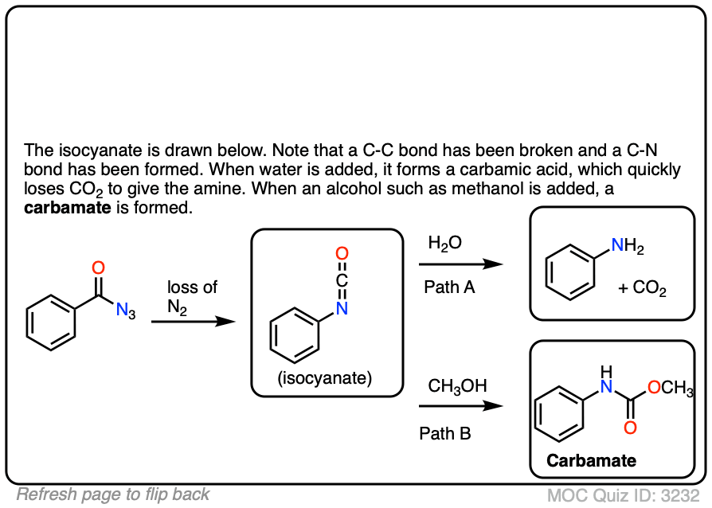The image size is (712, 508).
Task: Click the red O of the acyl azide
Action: pos(99,268)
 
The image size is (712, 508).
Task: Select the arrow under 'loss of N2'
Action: pos(194,322)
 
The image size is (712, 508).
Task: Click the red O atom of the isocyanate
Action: pos(342,254)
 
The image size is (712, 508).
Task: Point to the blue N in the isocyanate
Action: pos(342,308)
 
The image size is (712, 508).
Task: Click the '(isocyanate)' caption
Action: pos(325,378)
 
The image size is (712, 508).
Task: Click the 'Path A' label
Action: pos(449,287)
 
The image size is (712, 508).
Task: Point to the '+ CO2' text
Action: pos(642,288)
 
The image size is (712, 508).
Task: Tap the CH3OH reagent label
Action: pos(457,386)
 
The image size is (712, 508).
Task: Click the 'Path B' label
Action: pos(445,434)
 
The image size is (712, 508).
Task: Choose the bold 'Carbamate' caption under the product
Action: pos(591,460)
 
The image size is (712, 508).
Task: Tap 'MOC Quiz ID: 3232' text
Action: pos(625,494)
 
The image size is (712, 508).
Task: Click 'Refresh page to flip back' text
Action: pos(113,494)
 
